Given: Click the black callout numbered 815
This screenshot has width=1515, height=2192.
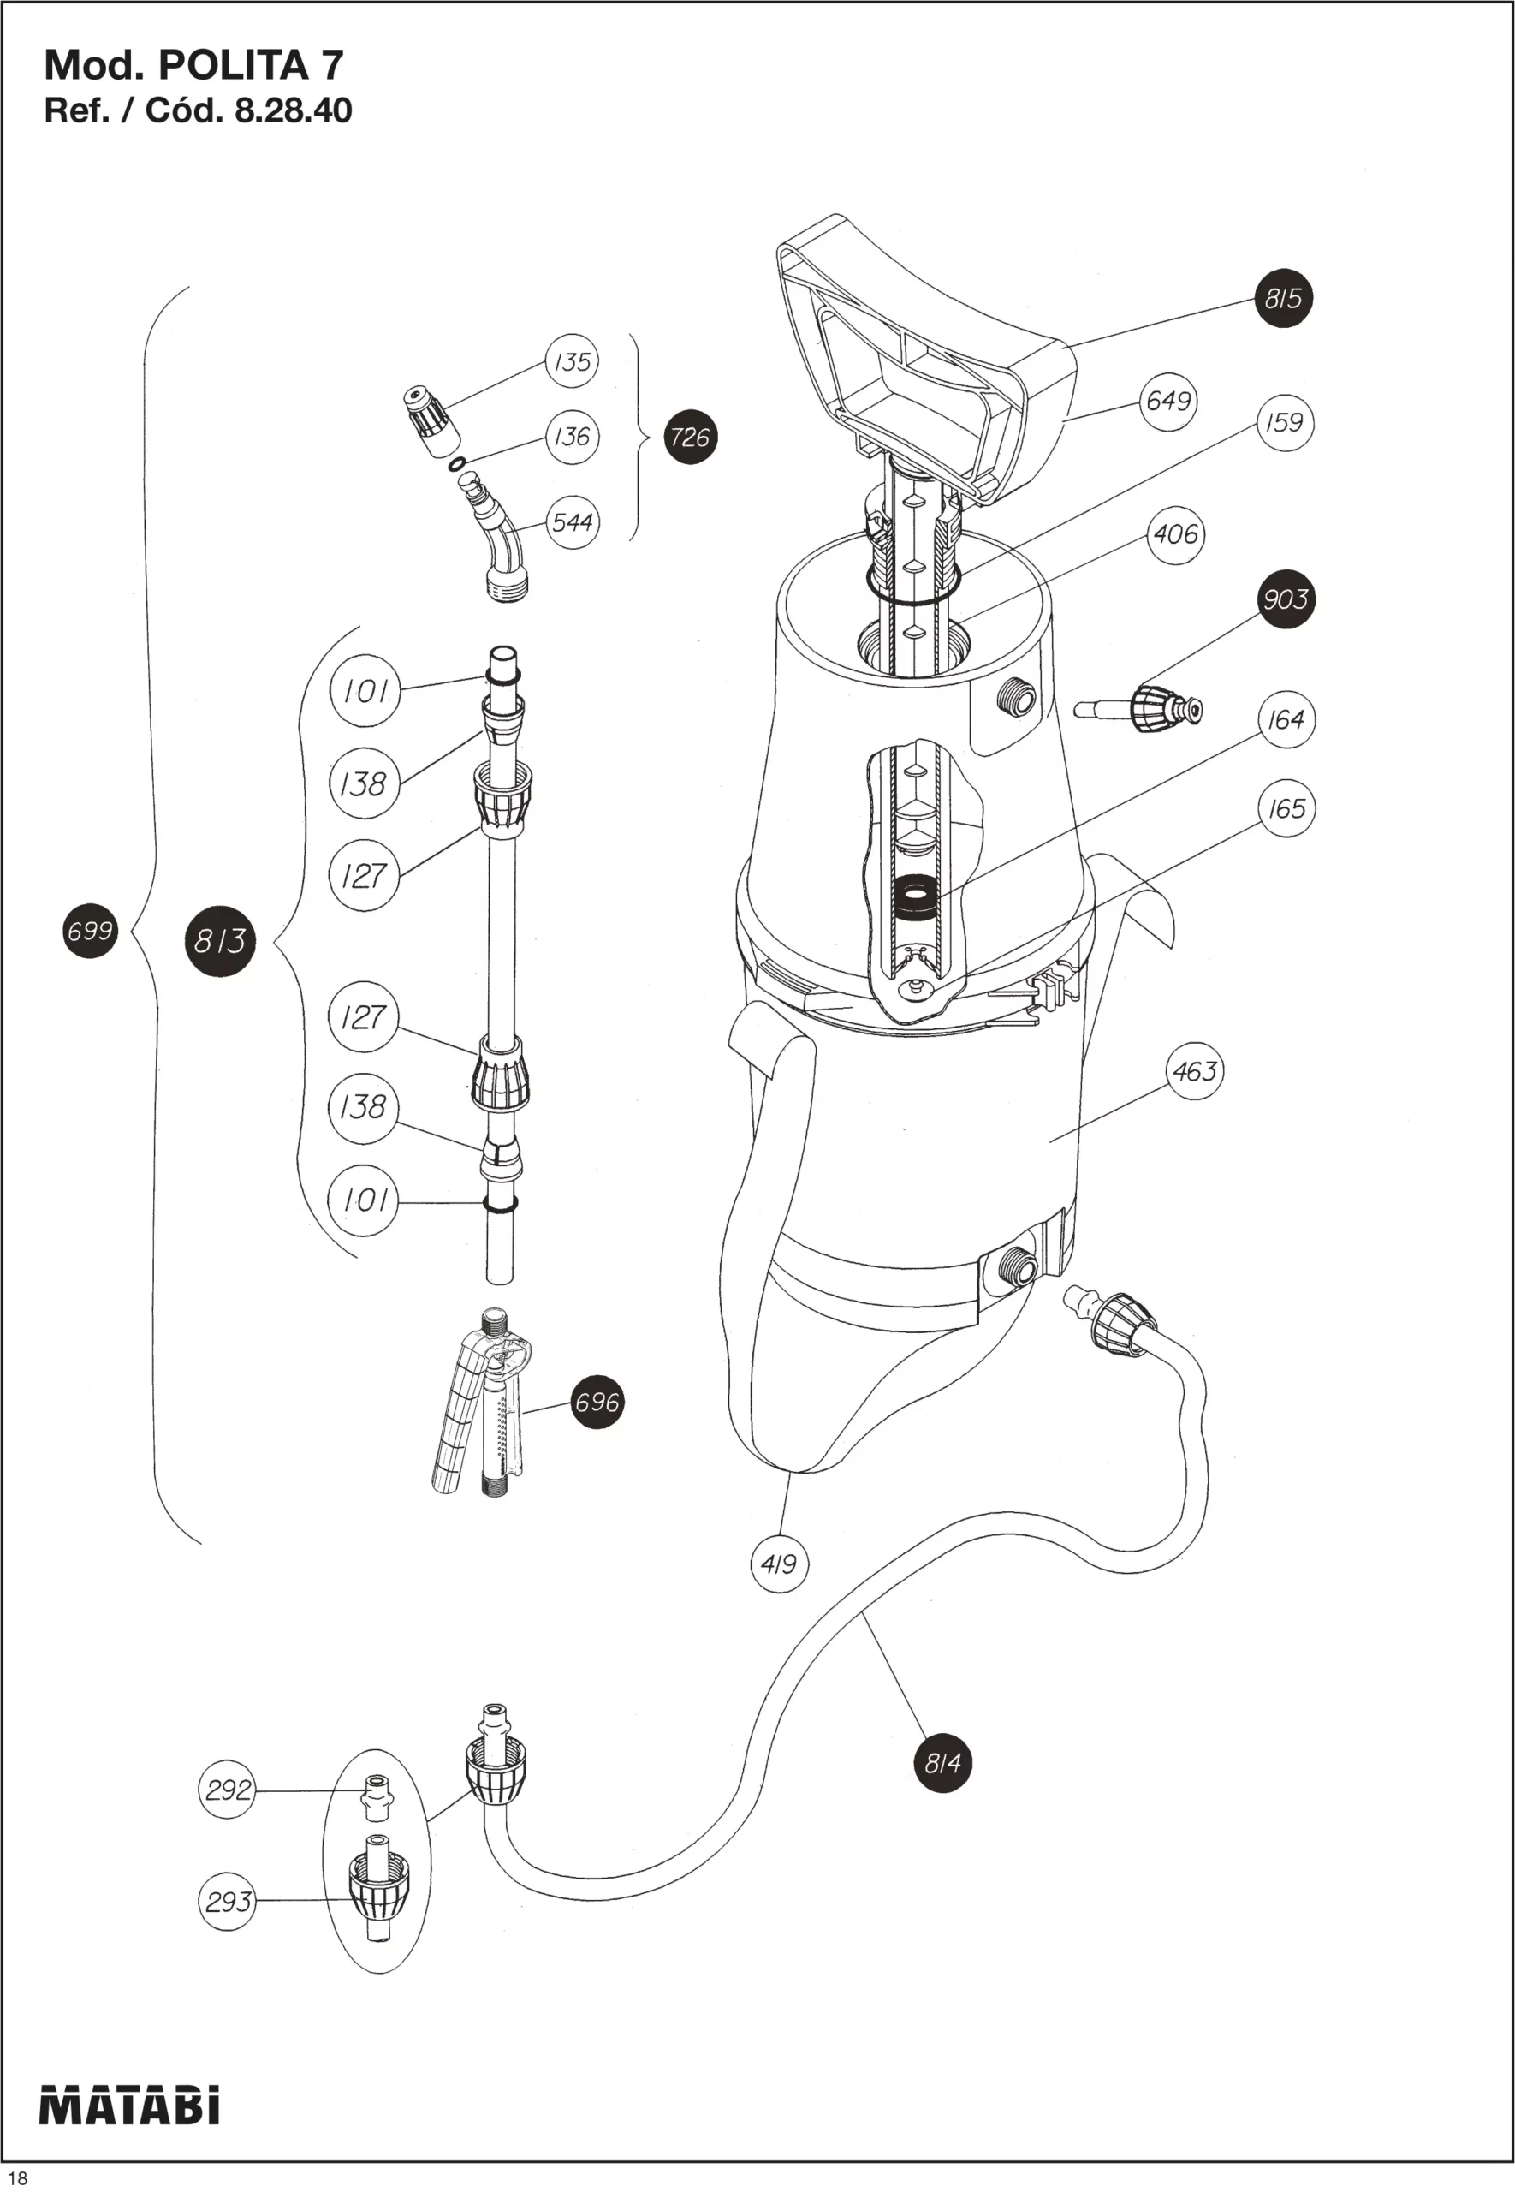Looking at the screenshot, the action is tap(1283, 298).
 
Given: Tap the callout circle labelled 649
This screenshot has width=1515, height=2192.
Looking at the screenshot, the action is tap(1168, 401).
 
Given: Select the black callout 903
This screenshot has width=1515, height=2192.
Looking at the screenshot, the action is tap(1286, 599).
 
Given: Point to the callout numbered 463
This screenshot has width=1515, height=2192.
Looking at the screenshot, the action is tap(1195, 1071).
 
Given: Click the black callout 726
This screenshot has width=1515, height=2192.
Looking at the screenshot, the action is tap(690, 437).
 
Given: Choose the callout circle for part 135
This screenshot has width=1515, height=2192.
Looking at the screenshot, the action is tap(573, 360).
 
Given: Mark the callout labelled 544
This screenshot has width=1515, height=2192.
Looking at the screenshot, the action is tap(573, 521).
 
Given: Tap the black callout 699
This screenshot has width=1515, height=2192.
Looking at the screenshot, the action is tap(90, 931).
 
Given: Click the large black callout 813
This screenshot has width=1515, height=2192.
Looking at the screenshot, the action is tap(220, 941).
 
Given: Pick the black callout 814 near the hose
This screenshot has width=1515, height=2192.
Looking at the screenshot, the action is tap(942, 1763).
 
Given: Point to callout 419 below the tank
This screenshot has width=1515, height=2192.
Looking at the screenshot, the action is tap(780, 1564).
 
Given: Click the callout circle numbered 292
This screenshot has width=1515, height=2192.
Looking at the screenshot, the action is tap(228, 1790).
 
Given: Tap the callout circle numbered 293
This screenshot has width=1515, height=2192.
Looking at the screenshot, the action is tap(228, 1901).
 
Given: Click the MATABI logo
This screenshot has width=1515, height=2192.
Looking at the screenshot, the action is tap(129, 2104).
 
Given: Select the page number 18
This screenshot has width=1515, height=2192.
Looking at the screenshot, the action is tap(17, 2177).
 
